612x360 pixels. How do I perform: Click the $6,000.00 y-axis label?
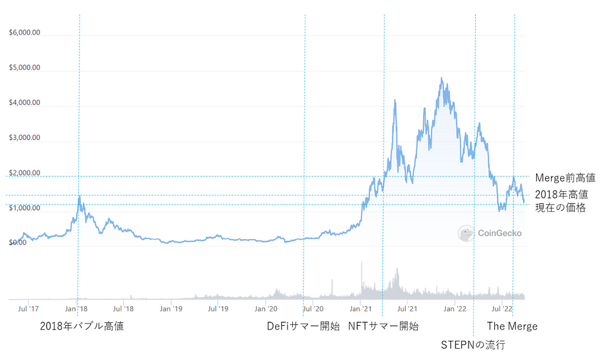(x=25, y=33)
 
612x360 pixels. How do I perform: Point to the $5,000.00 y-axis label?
(x=25, y=68)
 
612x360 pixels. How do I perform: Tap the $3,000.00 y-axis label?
(x=25, y=138)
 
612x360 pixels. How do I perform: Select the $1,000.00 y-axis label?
(x=25, y=208)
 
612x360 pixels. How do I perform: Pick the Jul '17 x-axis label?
(x=29, y=309)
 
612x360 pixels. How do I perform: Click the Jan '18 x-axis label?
(x=76, y=309)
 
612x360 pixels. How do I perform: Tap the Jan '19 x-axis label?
(x=171, y=309)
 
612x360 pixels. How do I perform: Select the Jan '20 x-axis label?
(x=265, y=309)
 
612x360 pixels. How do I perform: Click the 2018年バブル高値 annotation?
(x=82, y=327)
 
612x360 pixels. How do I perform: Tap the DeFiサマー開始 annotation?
(x=303, y=327)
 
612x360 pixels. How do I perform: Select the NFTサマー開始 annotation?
(x=383, y=327)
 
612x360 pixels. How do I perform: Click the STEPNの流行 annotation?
(x=473, y=345)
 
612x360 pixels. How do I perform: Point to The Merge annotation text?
(x=512, y=327)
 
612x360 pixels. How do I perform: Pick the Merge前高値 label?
(x=565, y=178)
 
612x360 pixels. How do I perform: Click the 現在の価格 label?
(x=560, y=208)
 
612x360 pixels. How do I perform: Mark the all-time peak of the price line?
(x=441, y=78)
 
